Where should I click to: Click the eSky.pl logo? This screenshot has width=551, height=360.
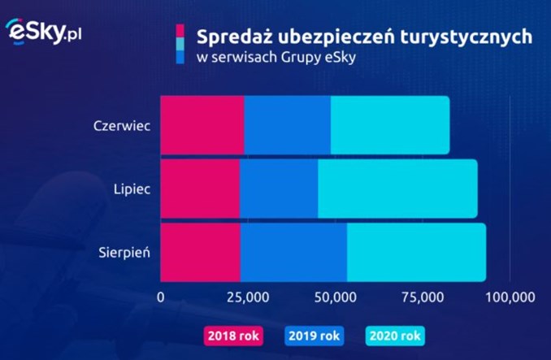click(x=44, y=32)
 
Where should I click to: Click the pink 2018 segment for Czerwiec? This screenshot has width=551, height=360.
click(x=202, y=125)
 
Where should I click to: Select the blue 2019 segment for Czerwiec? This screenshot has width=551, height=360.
click(x=287, y=125)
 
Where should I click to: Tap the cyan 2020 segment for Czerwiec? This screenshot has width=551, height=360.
click(x=389, y=125)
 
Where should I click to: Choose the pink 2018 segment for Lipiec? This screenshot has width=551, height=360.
click(x=200, y=189)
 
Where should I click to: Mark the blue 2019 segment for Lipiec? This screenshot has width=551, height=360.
click(x=278, y=189)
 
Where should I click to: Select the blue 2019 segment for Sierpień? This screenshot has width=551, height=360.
click(x=293, y=252)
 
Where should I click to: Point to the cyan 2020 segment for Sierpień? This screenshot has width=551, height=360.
click(x=416, y=252)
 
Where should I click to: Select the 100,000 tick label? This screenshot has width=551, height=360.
click(x=510, y=297)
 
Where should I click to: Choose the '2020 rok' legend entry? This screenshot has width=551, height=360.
click(x=396, y=335)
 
